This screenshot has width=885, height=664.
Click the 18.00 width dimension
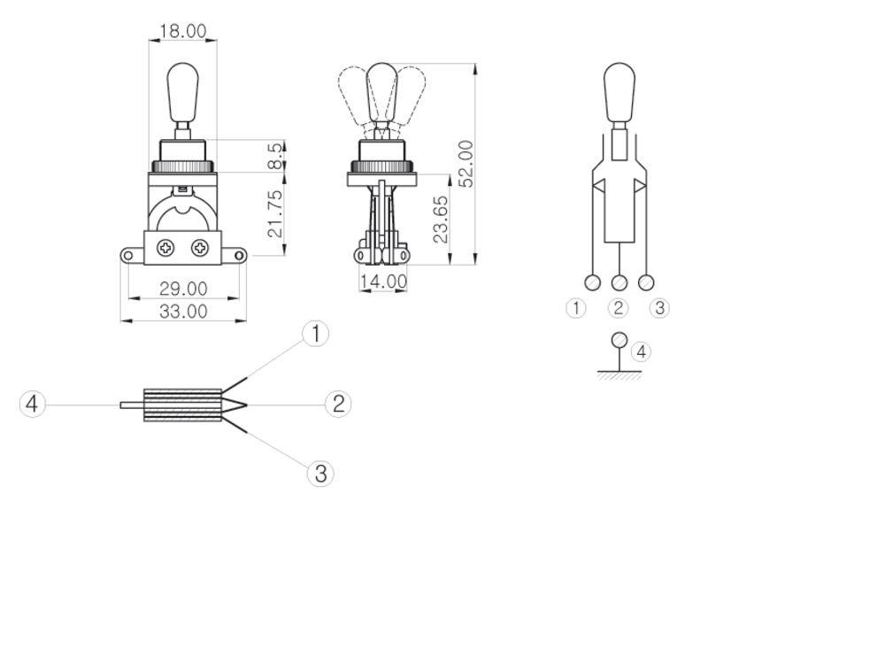point(183,30)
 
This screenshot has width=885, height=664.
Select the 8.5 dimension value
point(275,155)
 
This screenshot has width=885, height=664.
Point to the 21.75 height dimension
point(275,214)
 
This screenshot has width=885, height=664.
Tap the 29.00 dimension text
point(183,289)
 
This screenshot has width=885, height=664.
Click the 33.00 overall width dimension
point(183,311)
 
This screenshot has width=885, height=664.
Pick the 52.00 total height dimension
point(466,164)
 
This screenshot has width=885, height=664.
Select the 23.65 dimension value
point(441,219)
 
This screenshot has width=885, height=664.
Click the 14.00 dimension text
point(383,281)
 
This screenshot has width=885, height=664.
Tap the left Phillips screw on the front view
point(166,248)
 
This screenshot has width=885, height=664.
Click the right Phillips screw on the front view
point(200,248)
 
